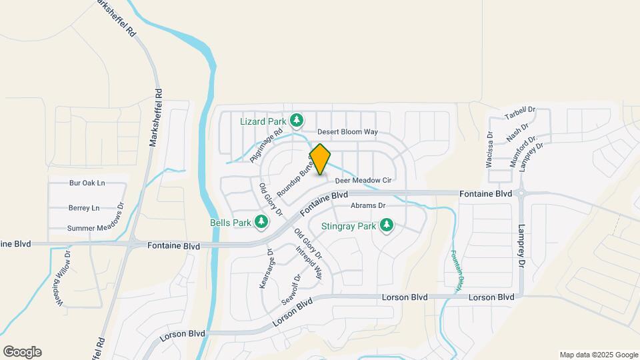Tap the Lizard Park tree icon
click(x=297, y=121)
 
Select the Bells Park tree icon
click(x=262, y=221)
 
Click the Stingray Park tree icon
click(x=386, y=226)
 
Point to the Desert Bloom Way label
click(x=347, y=132)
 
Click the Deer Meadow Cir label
click(x=362, y=180)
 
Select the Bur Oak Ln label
click(x=87, y=183)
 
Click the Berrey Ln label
click(x=84, y=208)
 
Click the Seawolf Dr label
click(x=291, y=289)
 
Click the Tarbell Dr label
click(x=520, y=115)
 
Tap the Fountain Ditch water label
click(x=455, y=271)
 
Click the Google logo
click(x=21, y=352)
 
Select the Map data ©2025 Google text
click(x=599, y=355)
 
